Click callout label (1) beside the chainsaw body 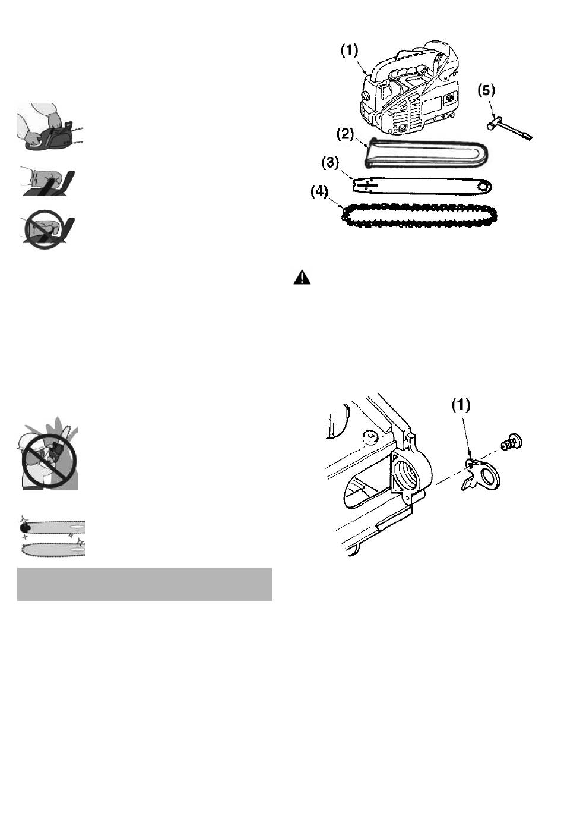point(349,51)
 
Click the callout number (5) point(486,90)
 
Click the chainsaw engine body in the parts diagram point(410,89)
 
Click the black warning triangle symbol point(303,278)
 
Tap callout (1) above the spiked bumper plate point(461,405)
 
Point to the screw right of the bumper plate point(512,442)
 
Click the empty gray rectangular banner point(144,584)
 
